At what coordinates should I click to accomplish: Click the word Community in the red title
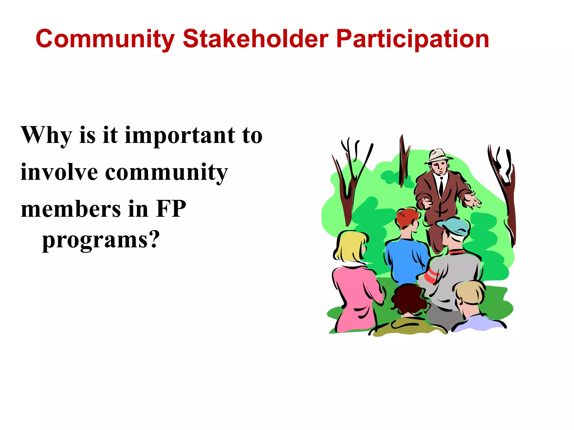point(105,39)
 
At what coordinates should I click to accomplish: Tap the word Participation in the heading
point(413,39)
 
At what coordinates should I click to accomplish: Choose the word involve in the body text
point(59,172)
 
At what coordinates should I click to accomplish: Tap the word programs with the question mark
point(101,240)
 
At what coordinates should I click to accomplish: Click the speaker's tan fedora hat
point(438,156)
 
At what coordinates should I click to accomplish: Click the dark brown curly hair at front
point(409,298)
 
